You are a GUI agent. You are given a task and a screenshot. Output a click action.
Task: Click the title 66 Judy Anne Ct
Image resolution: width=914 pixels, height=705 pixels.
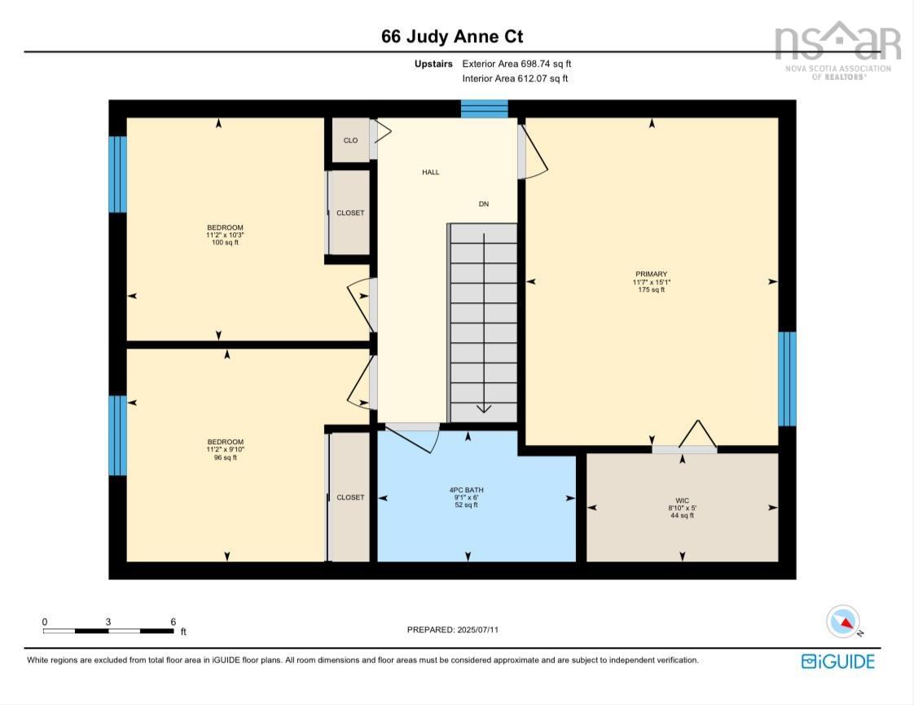(452, 37)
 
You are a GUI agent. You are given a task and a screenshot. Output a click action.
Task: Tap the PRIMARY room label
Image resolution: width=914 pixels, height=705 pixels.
(651, 274)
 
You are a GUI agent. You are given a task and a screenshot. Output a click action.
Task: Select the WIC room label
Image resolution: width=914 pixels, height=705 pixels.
(682, 500)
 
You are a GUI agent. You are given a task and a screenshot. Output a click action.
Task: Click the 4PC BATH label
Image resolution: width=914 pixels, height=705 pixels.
(466, 490)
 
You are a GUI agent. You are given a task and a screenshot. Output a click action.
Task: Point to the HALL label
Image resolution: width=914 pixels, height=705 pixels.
(431, 172)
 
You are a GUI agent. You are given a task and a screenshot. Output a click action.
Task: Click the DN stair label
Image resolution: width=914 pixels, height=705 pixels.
(484, 204)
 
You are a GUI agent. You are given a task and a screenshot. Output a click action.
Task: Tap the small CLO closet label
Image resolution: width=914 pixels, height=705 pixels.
(350, 140)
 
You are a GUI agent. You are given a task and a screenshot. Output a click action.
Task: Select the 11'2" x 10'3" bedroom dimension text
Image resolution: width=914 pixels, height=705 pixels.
(225, 235)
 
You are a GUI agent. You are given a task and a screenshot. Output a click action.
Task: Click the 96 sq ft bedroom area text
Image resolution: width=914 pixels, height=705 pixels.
(226, 458)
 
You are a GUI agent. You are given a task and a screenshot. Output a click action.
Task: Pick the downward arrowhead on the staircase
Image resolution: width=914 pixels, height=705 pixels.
(484, 408)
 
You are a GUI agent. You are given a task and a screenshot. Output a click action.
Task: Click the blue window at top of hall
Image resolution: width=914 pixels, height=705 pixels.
(485, 109)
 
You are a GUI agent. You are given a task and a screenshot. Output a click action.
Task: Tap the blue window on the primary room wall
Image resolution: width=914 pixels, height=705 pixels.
(788, 379)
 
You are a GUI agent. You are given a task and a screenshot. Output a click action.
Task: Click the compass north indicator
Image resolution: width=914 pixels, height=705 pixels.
(843, 622)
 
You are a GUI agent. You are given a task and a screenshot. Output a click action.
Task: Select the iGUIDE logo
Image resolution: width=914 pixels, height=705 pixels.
(838, 661)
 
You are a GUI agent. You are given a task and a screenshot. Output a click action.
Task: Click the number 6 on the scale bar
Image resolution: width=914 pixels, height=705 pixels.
(174, 622)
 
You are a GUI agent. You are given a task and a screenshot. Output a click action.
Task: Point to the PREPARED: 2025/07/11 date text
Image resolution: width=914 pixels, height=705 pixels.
(453, 630)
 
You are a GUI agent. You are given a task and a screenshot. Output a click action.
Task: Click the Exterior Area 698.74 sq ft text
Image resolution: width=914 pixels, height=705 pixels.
(516, 64)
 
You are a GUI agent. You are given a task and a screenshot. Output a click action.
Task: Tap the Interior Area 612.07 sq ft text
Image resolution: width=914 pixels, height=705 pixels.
(516, 78)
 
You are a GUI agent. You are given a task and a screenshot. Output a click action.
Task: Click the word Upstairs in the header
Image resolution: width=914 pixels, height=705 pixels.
(433, 64)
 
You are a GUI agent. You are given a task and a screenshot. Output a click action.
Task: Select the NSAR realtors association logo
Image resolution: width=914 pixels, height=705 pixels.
(838, 51)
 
